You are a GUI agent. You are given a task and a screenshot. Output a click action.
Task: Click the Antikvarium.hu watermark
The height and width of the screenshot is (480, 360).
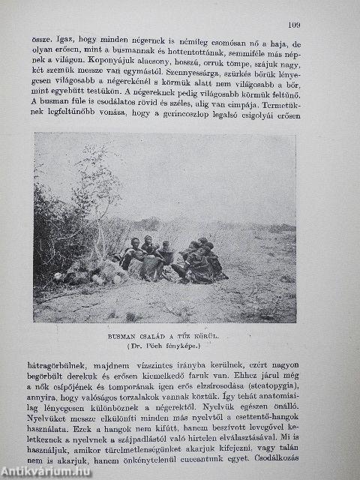tap(46, 471)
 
